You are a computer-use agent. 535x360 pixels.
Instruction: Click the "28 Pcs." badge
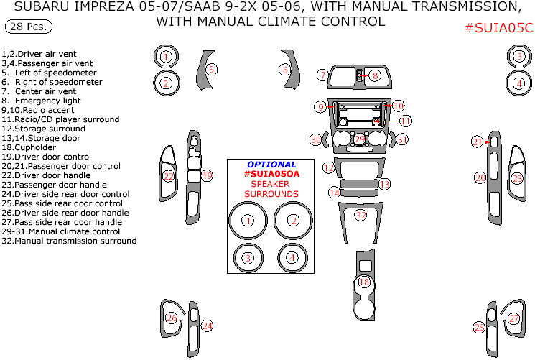pos(28,27)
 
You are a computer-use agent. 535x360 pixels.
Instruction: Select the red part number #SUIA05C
pos(498,29)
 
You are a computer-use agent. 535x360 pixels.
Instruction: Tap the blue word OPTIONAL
pos(271,165)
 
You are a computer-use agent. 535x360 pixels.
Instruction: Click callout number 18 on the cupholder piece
pos(364,282)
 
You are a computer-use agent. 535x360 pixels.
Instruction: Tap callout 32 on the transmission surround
pos(360,215)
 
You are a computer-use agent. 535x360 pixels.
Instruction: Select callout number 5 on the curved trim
pos(212,69)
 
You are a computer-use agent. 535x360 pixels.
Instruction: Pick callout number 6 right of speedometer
pos(285,70)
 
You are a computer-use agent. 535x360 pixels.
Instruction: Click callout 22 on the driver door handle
pos(168,176)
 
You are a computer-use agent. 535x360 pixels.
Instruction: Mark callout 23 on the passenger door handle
pos(517,178)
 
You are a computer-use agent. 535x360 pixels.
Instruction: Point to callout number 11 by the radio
pos(406,121)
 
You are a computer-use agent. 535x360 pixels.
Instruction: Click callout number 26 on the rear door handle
pos(171,318)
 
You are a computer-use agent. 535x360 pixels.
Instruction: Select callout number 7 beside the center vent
pos(324,75)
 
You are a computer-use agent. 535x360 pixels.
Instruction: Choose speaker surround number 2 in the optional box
pos(293,221)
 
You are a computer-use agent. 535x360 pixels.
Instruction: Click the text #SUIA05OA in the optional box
pos(271,174)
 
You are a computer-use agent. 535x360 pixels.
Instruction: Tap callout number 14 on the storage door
pos(335,192)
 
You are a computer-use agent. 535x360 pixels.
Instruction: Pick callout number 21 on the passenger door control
pos(478,142)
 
